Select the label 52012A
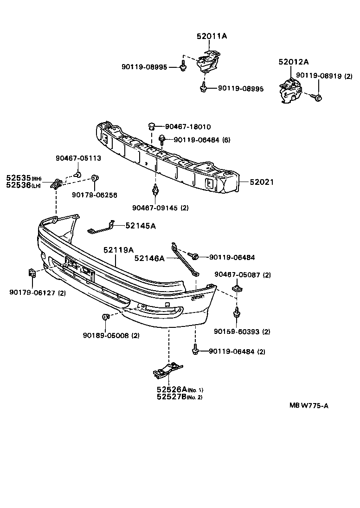(x=293, y=61)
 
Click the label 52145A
(x=141, y=226)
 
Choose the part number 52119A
(x=118, y=250)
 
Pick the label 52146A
(x=149, y=258)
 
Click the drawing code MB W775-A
(x=309, y=405)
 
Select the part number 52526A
(x=171, y=390)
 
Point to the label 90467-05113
(x=78, y=158)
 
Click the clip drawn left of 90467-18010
(x=151, y=126)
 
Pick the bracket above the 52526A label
(x=167, y=370)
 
